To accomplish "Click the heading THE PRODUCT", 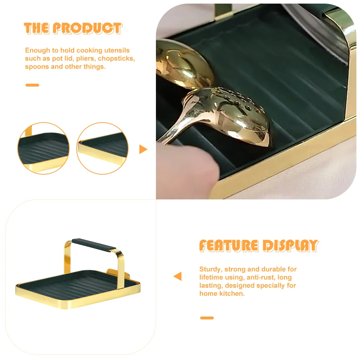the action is [73, 28].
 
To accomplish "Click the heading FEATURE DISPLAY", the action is [259, 245].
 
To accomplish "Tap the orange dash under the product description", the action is [32, 85].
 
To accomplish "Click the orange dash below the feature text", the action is [207, 318].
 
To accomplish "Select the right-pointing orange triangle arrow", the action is [143, 149].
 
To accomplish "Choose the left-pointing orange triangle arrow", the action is [178, 276].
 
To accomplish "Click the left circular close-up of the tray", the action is [43, 148].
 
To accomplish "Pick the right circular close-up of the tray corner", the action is [102, 148].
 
